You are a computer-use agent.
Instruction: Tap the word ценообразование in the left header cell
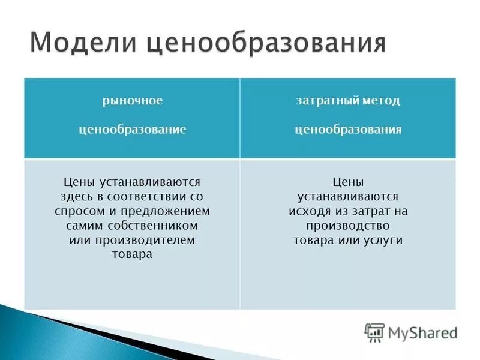(x=132, y=129)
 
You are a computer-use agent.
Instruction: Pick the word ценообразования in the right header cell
(x=348, y=129)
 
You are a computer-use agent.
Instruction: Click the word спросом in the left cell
(x=76, y=211)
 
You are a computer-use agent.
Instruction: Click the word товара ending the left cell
(x=132, y=254)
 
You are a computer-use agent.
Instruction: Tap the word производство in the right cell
(x=348, y=225)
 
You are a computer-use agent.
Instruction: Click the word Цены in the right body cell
(x=348, y=181)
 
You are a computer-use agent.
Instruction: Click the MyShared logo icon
(x=374, y=332)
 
